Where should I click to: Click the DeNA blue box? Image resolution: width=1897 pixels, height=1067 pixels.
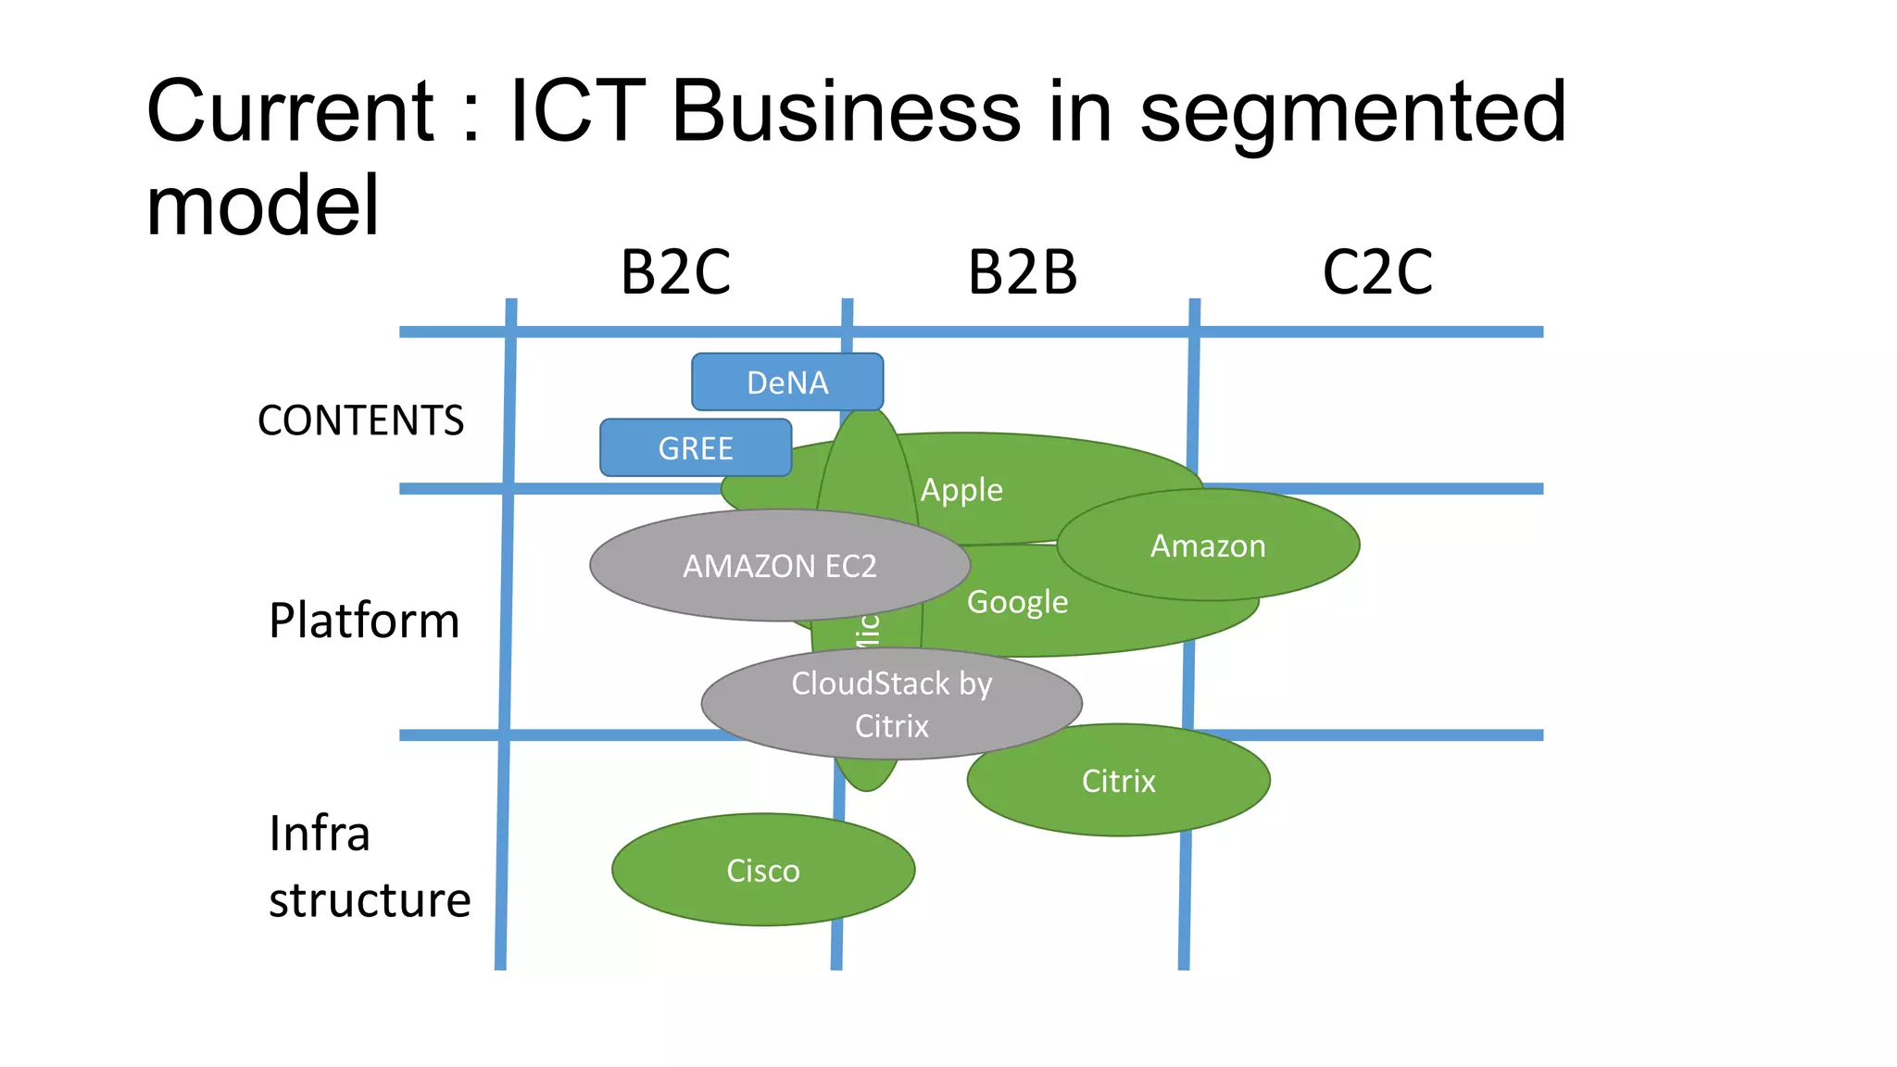(787, 382)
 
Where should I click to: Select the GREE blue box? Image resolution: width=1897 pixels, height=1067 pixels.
(695, 448)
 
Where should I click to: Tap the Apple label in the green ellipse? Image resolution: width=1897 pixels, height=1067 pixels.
(961, 489)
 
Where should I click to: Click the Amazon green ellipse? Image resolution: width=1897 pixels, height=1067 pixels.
(1208, 546)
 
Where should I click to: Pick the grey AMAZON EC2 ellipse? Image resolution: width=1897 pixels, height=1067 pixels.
(779, 565)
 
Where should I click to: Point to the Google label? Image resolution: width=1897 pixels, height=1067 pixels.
(1017, 602)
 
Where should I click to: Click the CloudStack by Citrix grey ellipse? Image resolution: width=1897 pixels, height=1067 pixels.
(891, 704)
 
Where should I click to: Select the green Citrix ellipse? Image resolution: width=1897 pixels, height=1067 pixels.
(1118, 781)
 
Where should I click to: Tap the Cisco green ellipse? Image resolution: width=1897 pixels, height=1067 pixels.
(762, 871)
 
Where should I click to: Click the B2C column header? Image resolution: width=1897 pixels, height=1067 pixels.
(675, 272)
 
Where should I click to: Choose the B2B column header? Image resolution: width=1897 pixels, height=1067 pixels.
(1023, 272)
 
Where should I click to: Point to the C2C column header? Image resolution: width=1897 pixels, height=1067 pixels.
(1377, 272)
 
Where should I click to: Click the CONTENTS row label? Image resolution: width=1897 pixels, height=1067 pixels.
(360, 421)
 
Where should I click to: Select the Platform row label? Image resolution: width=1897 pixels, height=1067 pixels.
(364, 621)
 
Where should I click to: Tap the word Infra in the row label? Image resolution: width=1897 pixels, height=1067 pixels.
(320, 834)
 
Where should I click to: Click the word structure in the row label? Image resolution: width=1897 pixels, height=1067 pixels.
(370, 900)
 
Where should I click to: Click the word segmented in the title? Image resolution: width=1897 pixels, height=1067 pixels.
(1352, 113)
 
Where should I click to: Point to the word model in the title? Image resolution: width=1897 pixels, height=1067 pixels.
(263, 206)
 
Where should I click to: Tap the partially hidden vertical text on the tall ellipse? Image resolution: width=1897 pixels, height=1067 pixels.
(868, 630)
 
